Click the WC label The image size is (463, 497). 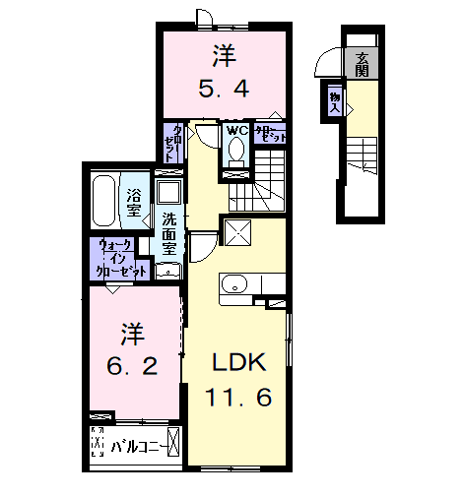[x=235, y=129]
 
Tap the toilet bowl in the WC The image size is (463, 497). [x=235, y=151]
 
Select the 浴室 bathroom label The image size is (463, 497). [x=133, y=201]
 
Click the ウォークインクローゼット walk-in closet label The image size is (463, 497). [x=120, y=259]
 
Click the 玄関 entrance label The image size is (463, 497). [x=363, y=64]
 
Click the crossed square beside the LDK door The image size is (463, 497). [x=237, y=232]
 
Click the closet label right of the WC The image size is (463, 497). [x=271, y=134]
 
